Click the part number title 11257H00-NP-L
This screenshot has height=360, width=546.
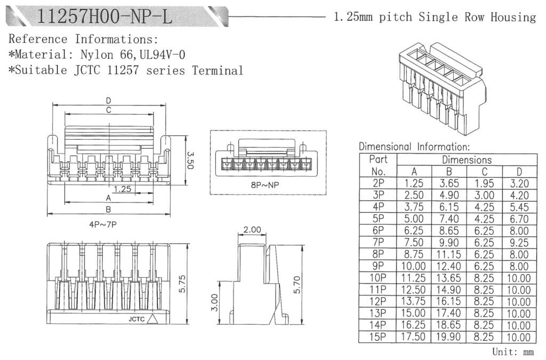[x=105, y=17]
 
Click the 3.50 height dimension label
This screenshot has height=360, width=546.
[x=190, y=159]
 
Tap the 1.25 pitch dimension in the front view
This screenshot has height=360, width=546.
[x=123, y=189]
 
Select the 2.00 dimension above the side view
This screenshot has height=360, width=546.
[x=252, y=230]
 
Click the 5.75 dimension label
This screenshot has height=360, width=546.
[x=183, y=285]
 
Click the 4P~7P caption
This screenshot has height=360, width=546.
[x=103, y=225]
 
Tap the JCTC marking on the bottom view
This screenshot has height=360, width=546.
[x=137, y=319]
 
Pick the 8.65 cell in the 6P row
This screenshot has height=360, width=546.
[x=449, y=231]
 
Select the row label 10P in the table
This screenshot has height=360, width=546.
[x=378, y=278]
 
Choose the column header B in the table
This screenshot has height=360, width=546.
[x=449, y=172]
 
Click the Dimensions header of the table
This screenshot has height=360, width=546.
[x=467, y=160]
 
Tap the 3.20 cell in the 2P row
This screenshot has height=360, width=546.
[x=519, y=183]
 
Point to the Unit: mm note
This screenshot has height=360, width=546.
[x=513, y=353]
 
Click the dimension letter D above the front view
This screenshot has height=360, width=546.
[x=109, y=100]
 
